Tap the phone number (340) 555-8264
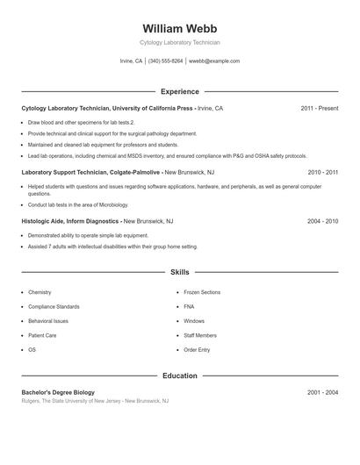[166, 61]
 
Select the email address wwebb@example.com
[214, 61]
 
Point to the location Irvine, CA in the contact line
[131, 61]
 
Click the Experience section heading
[180, 91]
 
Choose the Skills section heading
[180, 273]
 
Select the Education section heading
[180, 376]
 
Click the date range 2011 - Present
[319, 108]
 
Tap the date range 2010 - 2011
[322, 173]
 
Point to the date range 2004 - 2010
[322, 222]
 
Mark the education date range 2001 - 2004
[322, 392]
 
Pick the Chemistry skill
[40, 292]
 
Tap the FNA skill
[189, 306]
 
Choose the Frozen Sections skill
[202, 292]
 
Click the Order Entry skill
[197, 349]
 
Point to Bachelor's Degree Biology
[58, 392]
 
